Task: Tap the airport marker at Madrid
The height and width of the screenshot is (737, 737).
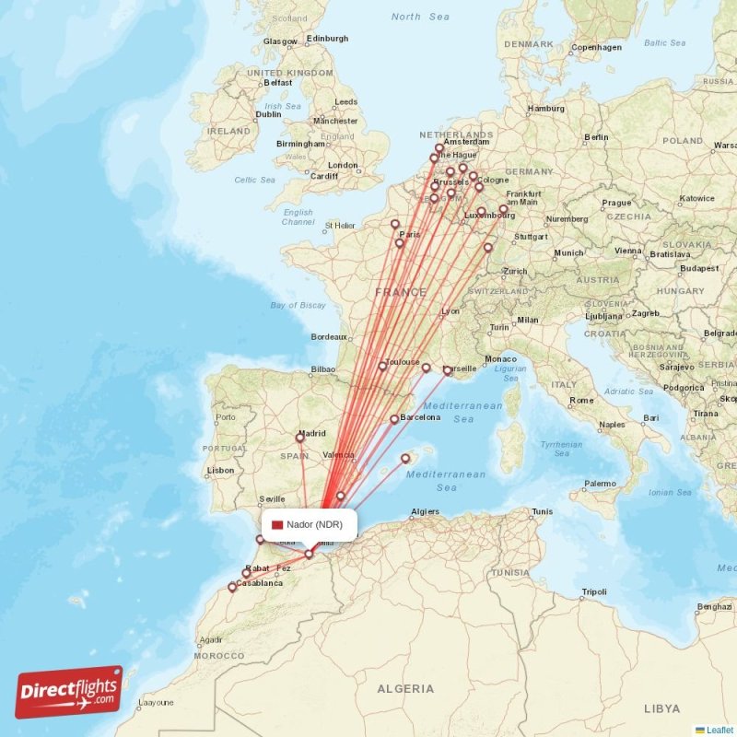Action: click(x=299, y=438)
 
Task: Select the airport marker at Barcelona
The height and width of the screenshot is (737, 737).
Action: click(x=394, y=419)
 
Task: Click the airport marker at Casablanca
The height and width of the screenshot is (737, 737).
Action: click(x=232, y=587)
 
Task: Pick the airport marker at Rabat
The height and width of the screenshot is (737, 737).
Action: click(x=246, y=573)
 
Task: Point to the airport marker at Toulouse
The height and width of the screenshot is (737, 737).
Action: click(x=382, y=367)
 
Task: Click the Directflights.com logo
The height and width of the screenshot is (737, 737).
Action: click(x=69, y=692)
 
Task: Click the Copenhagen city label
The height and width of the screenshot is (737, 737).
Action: click(x=597, y=47)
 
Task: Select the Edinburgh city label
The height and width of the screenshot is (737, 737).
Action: click(x=327, y=39)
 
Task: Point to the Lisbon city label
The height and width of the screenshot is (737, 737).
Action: click(x=220, y=470)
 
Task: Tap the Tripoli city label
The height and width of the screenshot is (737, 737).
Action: click(x=594, y=591)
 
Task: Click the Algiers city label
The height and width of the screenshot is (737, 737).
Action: click(x=425, y=511)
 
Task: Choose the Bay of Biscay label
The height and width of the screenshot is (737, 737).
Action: click(x=298, y=305)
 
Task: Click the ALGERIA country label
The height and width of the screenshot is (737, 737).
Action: click(x=405, y=688)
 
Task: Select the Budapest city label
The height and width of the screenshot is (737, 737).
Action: click(x=699, y=268)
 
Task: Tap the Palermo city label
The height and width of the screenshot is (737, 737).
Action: click(x=600, y=483)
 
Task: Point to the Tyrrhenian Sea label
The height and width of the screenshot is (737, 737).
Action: click(x=561, y=449)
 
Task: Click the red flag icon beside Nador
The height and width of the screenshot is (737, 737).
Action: click(x=277, y=524)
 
